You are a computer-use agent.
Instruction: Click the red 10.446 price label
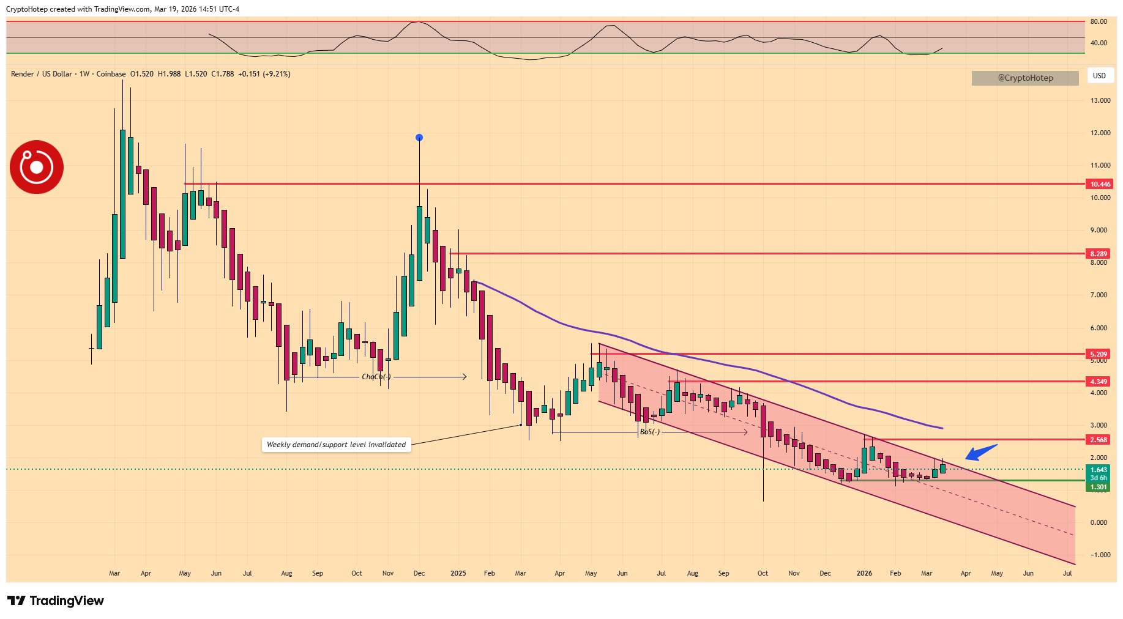[1100, 184]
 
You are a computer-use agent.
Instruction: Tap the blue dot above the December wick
[419, 138]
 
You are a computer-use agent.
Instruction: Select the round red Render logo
[37, 167]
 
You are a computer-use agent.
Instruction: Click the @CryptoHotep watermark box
[1025, 78]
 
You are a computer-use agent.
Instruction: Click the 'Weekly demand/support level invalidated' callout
[336, 445]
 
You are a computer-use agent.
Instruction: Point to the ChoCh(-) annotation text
[376, 377]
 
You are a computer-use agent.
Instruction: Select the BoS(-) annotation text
[650, 432]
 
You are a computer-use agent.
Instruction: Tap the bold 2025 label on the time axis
[458, 574]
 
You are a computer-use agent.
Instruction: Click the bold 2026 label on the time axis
[864, 574]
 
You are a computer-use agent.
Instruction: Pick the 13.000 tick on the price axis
[1100, 100]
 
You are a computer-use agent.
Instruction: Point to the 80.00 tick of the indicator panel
[1099, 21]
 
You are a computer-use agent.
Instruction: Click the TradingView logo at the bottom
[56, 601]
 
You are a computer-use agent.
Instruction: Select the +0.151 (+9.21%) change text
[264, 74]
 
